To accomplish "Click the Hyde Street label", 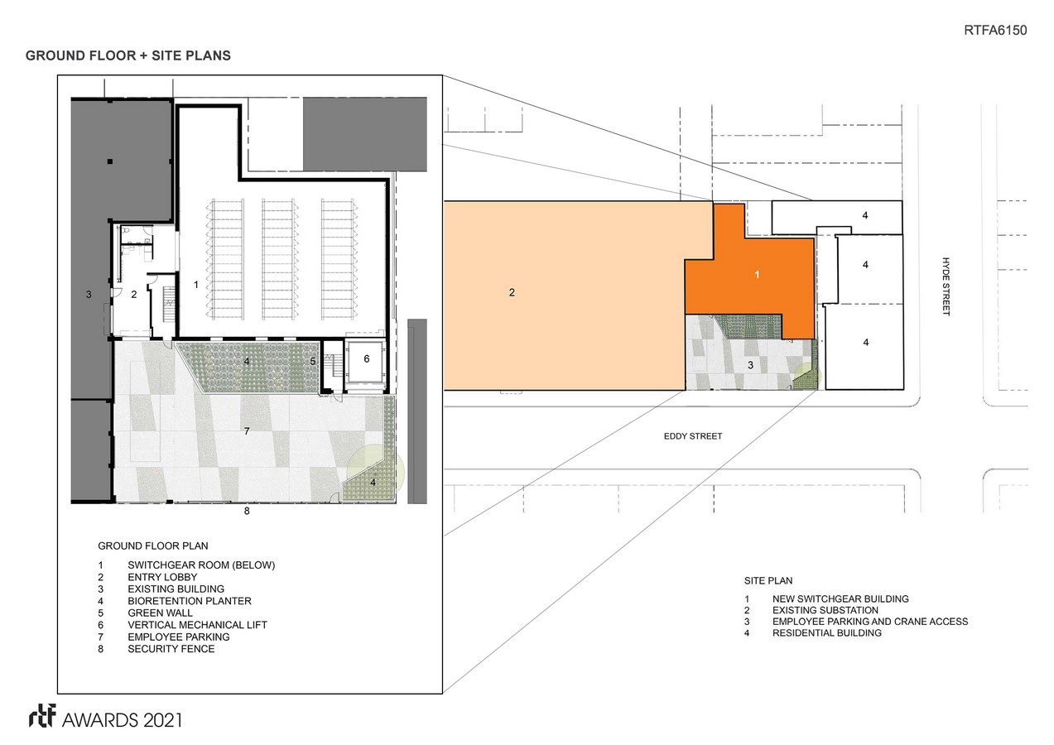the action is point(946,286).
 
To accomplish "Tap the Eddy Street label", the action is point(693,436).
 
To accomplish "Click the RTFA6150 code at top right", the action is point(995,30).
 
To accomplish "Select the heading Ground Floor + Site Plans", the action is point(128,55).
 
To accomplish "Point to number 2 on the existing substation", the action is point(512,292).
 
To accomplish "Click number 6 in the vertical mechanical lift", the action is point(367,359).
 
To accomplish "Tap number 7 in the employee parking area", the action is point(247,430).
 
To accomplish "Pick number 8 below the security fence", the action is point(247,511).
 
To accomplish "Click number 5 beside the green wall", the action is point(312,362).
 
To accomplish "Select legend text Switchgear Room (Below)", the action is point(201,565).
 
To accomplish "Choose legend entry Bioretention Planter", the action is point(190,601).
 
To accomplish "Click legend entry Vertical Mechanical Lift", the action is point(198,625).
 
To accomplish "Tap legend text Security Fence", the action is point(171,649).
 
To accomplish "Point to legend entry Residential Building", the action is point(827,633).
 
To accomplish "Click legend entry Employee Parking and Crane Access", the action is point(870,622).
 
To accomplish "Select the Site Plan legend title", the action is point(768,581).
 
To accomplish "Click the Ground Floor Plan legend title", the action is point(153,546).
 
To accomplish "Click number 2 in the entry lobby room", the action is point(134,295).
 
